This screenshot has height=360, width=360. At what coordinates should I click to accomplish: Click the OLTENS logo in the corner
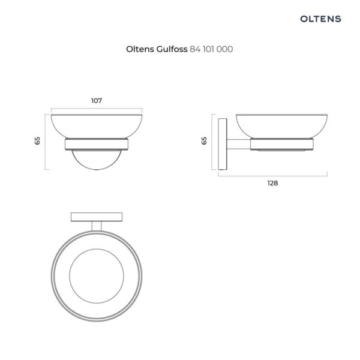point(320,19)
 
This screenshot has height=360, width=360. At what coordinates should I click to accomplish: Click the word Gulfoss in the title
point(172,49)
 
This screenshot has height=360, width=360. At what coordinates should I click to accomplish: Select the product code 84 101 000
point(211,49)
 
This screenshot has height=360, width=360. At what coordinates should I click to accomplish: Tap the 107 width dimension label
point(97,101)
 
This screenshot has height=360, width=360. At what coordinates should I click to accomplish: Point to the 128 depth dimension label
point(272,183)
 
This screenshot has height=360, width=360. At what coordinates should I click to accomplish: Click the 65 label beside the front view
point(37,140)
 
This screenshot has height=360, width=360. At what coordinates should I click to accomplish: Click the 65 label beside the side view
point(204,140)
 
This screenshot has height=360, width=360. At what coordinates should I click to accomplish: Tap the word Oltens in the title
point(140,49)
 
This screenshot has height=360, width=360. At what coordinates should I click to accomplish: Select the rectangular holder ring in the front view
point(97,144)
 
